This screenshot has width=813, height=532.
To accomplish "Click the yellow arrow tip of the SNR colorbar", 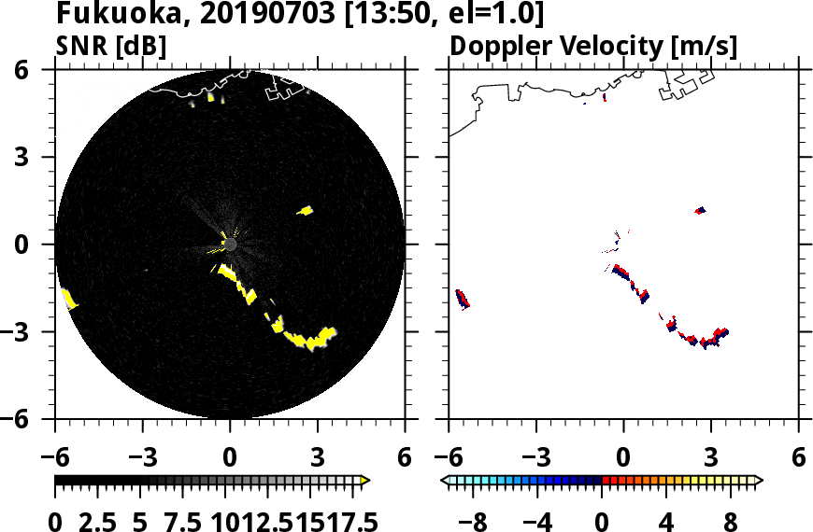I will click(365, 481).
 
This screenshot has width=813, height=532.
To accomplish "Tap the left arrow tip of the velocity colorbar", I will click(446, 481).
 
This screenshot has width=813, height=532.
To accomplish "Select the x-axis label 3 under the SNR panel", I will click(318, 458).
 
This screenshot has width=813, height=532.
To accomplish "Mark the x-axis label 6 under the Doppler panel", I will click(798, 458).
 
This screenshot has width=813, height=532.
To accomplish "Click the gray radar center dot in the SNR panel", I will click(230, 245).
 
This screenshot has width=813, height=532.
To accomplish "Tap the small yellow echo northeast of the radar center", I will click(305, 211).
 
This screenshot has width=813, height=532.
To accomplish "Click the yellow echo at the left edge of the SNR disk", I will click(68, 299).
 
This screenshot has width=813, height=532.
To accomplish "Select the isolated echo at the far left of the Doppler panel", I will click(462, 299).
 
